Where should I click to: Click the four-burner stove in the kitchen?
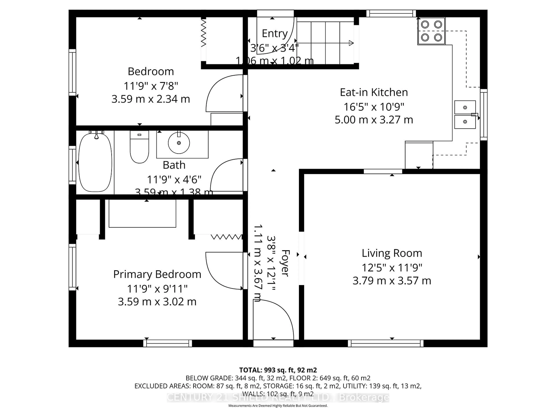coord(431,31)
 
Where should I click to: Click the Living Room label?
coord(392,253)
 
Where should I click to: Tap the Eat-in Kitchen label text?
coord(374,92)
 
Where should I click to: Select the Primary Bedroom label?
coord(157,274)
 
